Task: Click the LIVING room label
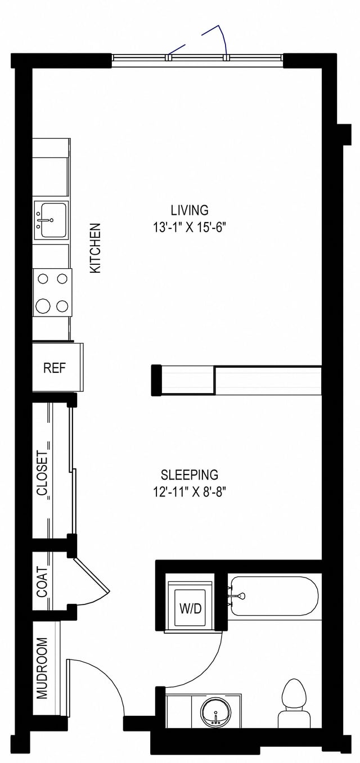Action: click(190, 210)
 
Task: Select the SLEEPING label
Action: click(189, 475)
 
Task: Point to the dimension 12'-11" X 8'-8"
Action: click(189, 492)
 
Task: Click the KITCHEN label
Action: click(96, 248)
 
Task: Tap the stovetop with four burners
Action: click(52, 292)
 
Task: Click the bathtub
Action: click(274, 596)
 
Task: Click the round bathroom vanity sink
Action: click(215, 714)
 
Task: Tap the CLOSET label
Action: click(42, 473)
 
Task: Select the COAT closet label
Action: click(42, 581)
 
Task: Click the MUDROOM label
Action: click(42, 668)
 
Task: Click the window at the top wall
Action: click(197, 57)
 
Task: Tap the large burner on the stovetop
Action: click(43, 306)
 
